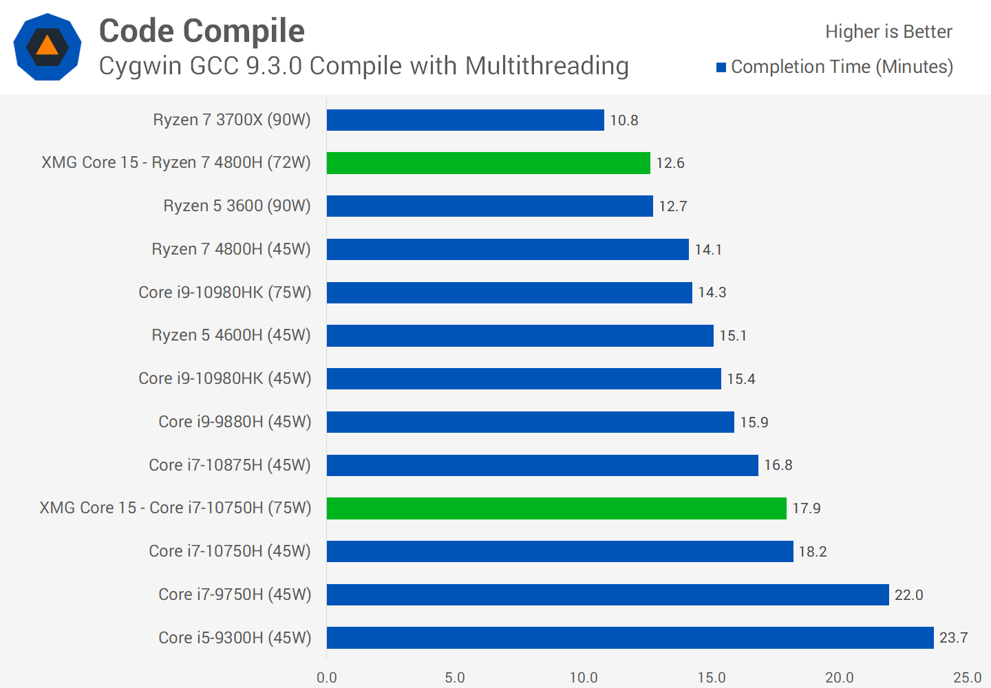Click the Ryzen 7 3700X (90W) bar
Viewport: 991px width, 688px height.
[x=465, y=120]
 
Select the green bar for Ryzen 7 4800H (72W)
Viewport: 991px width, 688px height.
[x=488, y=163]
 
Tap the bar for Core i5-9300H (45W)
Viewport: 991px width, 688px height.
[x=630, y=638]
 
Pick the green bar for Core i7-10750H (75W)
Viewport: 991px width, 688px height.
[x=556, y=508]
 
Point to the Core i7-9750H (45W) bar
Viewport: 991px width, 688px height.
[x=608, y=594]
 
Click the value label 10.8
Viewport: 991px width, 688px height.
[x=624, y=120]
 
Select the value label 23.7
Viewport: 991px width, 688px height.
[x=953, y=638]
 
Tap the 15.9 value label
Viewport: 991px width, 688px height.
[x=754, y=422]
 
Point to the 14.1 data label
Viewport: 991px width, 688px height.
[x=708, y=250]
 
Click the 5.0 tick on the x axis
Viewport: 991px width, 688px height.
[x=455, y=678]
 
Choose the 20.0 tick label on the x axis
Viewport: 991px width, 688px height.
[x=840, y=678]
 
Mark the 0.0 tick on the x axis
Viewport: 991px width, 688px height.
[x=327, y=678]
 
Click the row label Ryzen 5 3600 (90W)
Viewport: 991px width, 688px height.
[x=237, y=206]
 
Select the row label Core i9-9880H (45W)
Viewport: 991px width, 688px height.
[x=235, y=422]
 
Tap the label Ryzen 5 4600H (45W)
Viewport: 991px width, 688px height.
[x=231, y=335]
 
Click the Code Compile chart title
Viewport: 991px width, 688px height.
[x=202, y=31]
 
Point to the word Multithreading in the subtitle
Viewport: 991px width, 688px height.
[x=547, y=66]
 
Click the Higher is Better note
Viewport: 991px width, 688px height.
[x=888, y=32]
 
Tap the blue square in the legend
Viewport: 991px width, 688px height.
[x=721, y=67]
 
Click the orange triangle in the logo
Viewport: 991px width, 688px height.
[x=47, y=46]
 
